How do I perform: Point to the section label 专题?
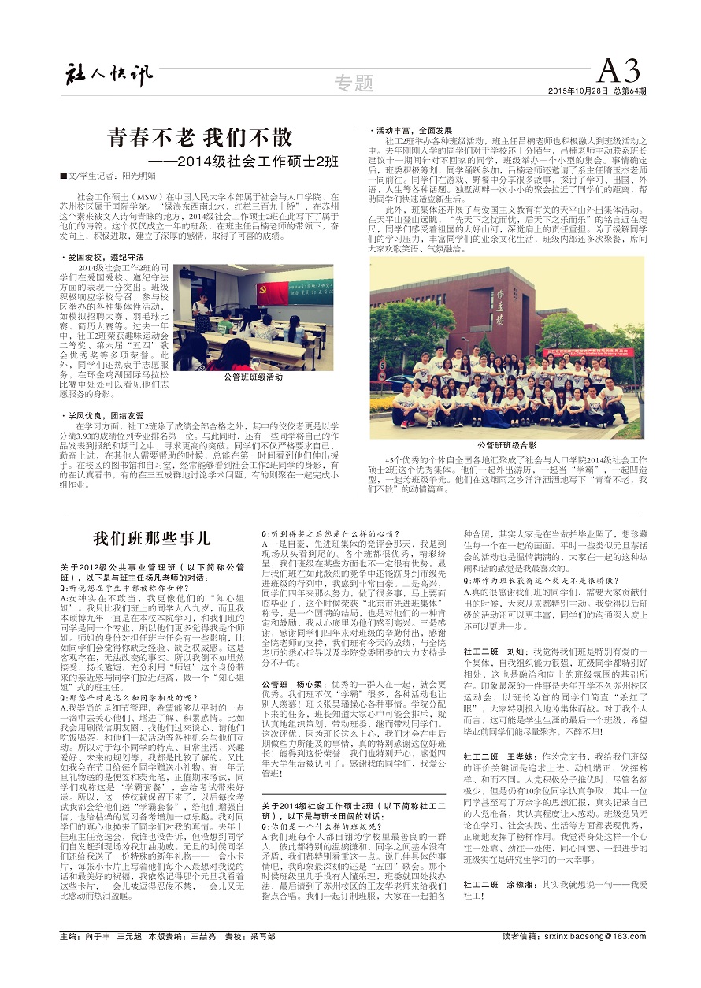pos(353,82)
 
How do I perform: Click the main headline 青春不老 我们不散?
pos(200,137)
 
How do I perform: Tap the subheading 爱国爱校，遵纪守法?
pos(102,257)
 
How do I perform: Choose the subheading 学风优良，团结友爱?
pos(102,414)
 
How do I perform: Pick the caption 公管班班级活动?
pos(253,377)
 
